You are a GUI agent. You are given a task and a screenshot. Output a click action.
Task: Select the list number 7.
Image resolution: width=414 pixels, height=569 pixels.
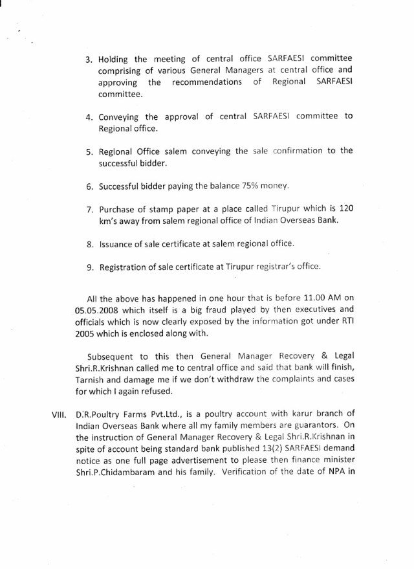[x=89, y=210]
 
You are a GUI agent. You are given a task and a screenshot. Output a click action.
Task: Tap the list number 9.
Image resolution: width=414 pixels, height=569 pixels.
[x=89, y=266]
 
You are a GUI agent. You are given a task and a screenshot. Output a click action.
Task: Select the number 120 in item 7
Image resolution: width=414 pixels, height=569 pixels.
[x=343, y=210]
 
